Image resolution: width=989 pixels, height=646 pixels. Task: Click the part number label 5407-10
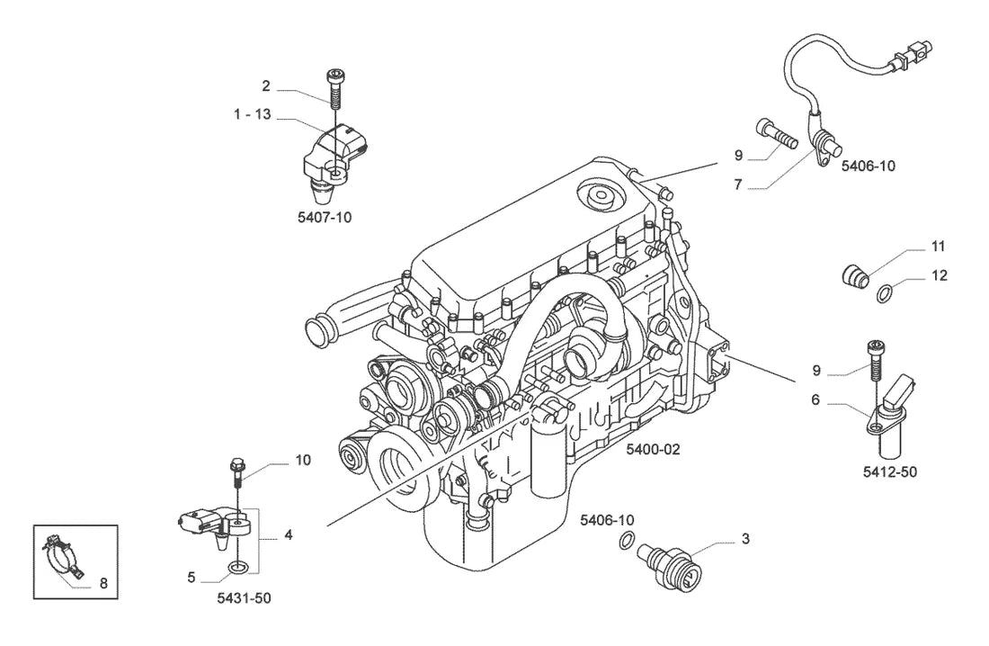point(325,218)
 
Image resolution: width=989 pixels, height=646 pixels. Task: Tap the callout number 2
point(266,85)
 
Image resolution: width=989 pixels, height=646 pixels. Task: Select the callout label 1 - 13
point(253,114)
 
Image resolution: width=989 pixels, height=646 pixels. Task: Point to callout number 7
point(738,185)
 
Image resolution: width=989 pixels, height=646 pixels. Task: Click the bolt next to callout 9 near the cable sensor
point(776,133)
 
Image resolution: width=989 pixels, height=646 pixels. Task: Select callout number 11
point(938,247)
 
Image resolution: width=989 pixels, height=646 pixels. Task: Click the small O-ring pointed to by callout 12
point(885,293)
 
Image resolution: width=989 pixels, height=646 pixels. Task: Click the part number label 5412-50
point(889,472)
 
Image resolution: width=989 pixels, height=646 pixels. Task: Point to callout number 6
point(815,399)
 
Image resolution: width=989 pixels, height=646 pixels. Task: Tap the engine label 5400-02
point(654,450)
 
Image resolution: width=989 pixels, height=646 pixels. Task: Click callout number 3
point(745,539)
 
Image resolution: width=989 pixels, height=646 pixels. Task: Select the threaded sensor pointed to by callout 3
point(670,567)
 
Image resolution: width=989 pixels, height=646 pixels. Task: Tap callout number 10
point(303,461)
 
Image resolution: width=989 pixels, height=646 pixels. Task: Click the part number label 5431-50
point(244,598)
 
